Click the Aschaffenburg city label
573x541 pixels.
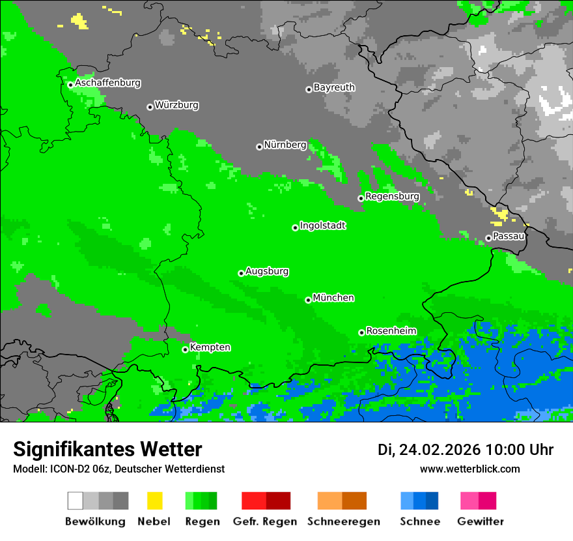click(107, 83)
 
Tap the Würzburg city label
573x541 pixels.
click(176, 105)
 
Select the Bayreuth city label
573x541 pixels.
click(334, 87)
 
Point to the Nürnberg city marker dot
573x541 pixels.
click(259, 147)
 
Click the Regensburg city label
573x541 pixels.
click(392, 196)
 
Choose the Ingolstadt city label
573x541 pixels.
click(322, 226)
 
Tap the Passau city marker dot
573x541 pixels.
click(488, 238)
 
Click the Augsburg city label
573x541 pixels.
click(267, 272)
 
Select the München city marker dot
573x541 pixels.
click(308, 300)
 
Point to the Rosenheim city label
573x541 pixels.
click(391, 331)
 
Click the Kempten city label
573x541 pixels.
click(210, 347)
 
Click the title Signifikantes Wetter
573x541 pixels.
click(107, 450)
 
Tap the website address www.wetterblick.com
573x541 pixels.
click(469, 469)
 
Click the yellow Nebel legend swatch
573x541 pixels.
click(154, 501)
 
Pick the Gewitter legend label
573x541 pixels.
click(481, 521)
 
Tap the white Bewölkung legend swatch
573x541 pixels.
click(75, 501)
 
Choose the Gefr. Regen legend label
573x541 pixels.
click(265, 521)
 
